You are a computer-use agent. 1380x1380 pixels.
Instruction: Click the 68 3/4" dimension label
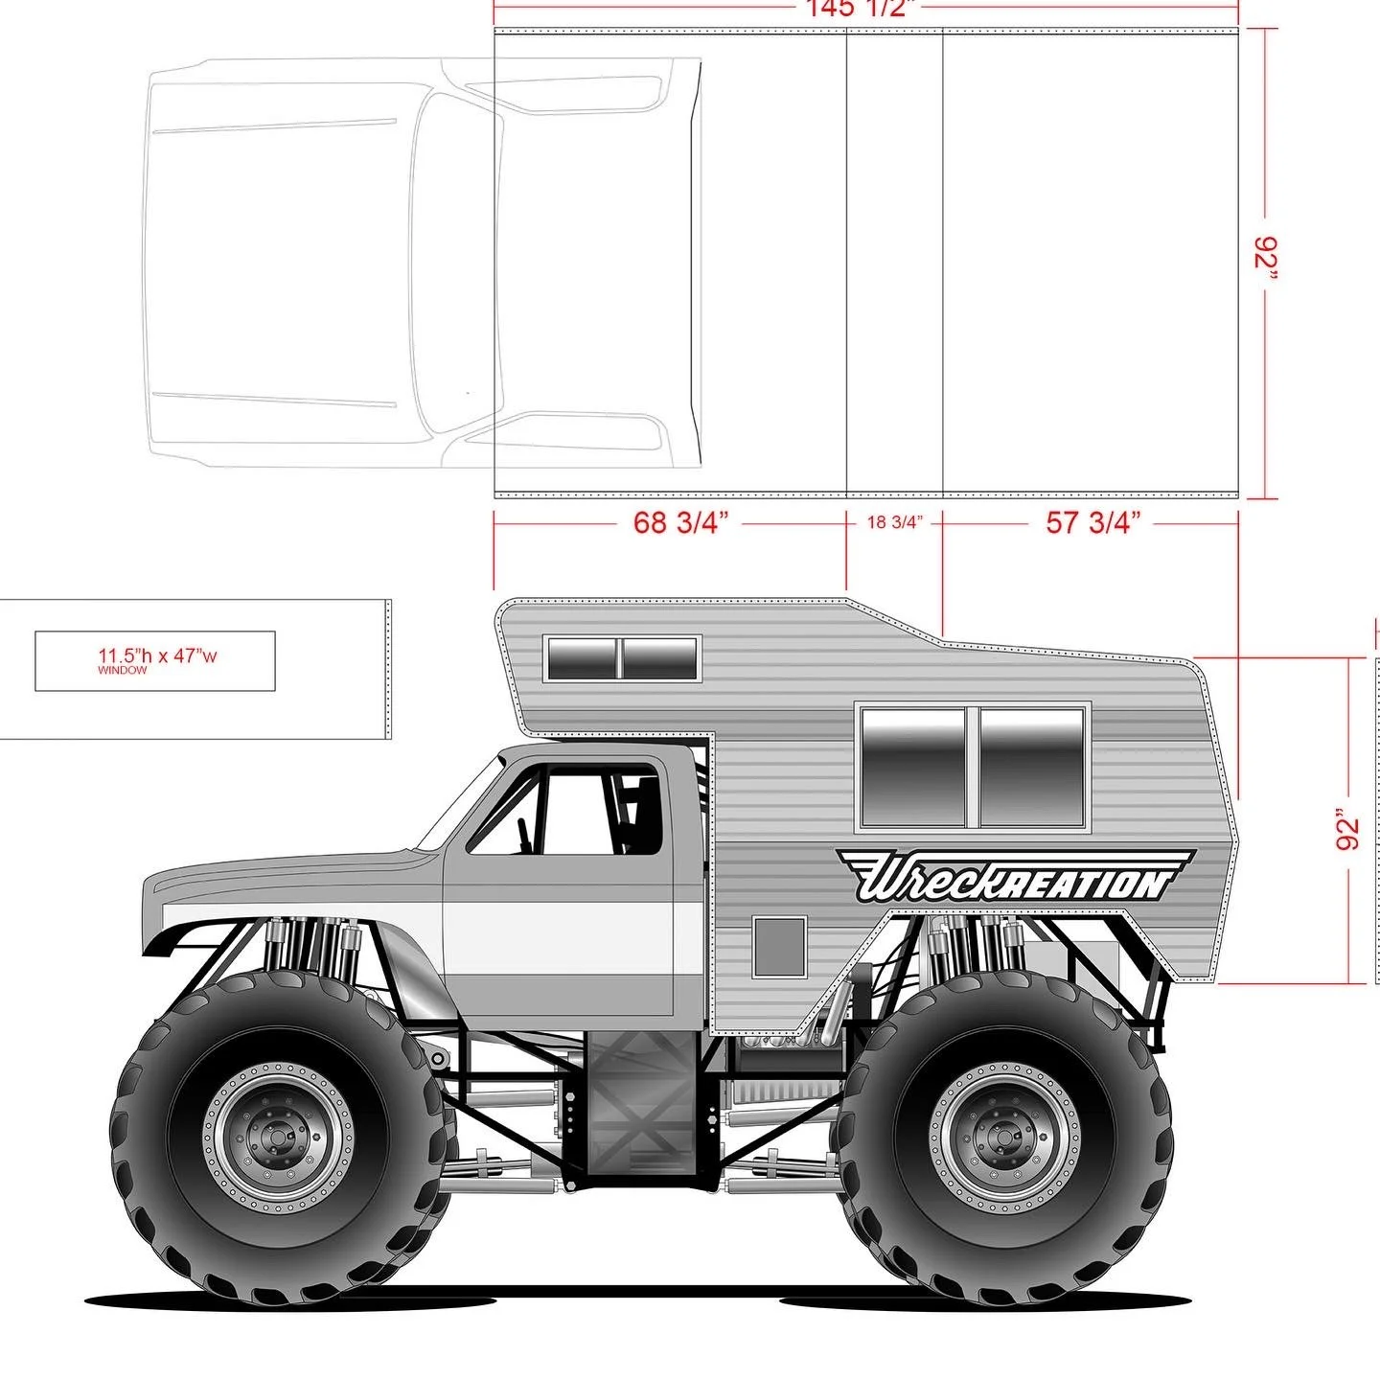pos(680,523)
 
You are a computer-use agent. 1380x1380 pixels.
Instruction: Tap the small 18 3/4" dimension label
pos(894,523)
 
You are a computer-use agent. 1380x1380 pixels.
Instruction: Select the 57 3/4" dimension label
pos(1092,523)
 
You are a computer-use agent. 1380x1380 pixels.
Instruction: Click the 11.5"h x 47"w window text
pos(157,657)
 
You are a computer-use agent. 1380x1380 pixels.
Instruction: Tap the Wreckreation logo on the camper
pos(1014,877)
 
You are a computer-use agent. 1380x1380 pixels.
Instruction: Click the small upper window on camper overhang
pos(621,657)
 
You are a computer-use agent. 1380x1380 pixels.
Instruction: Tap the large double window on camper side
pos(974,767)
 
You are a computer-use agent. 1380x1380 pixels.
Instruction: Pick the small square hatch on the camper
pos(778,946)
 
